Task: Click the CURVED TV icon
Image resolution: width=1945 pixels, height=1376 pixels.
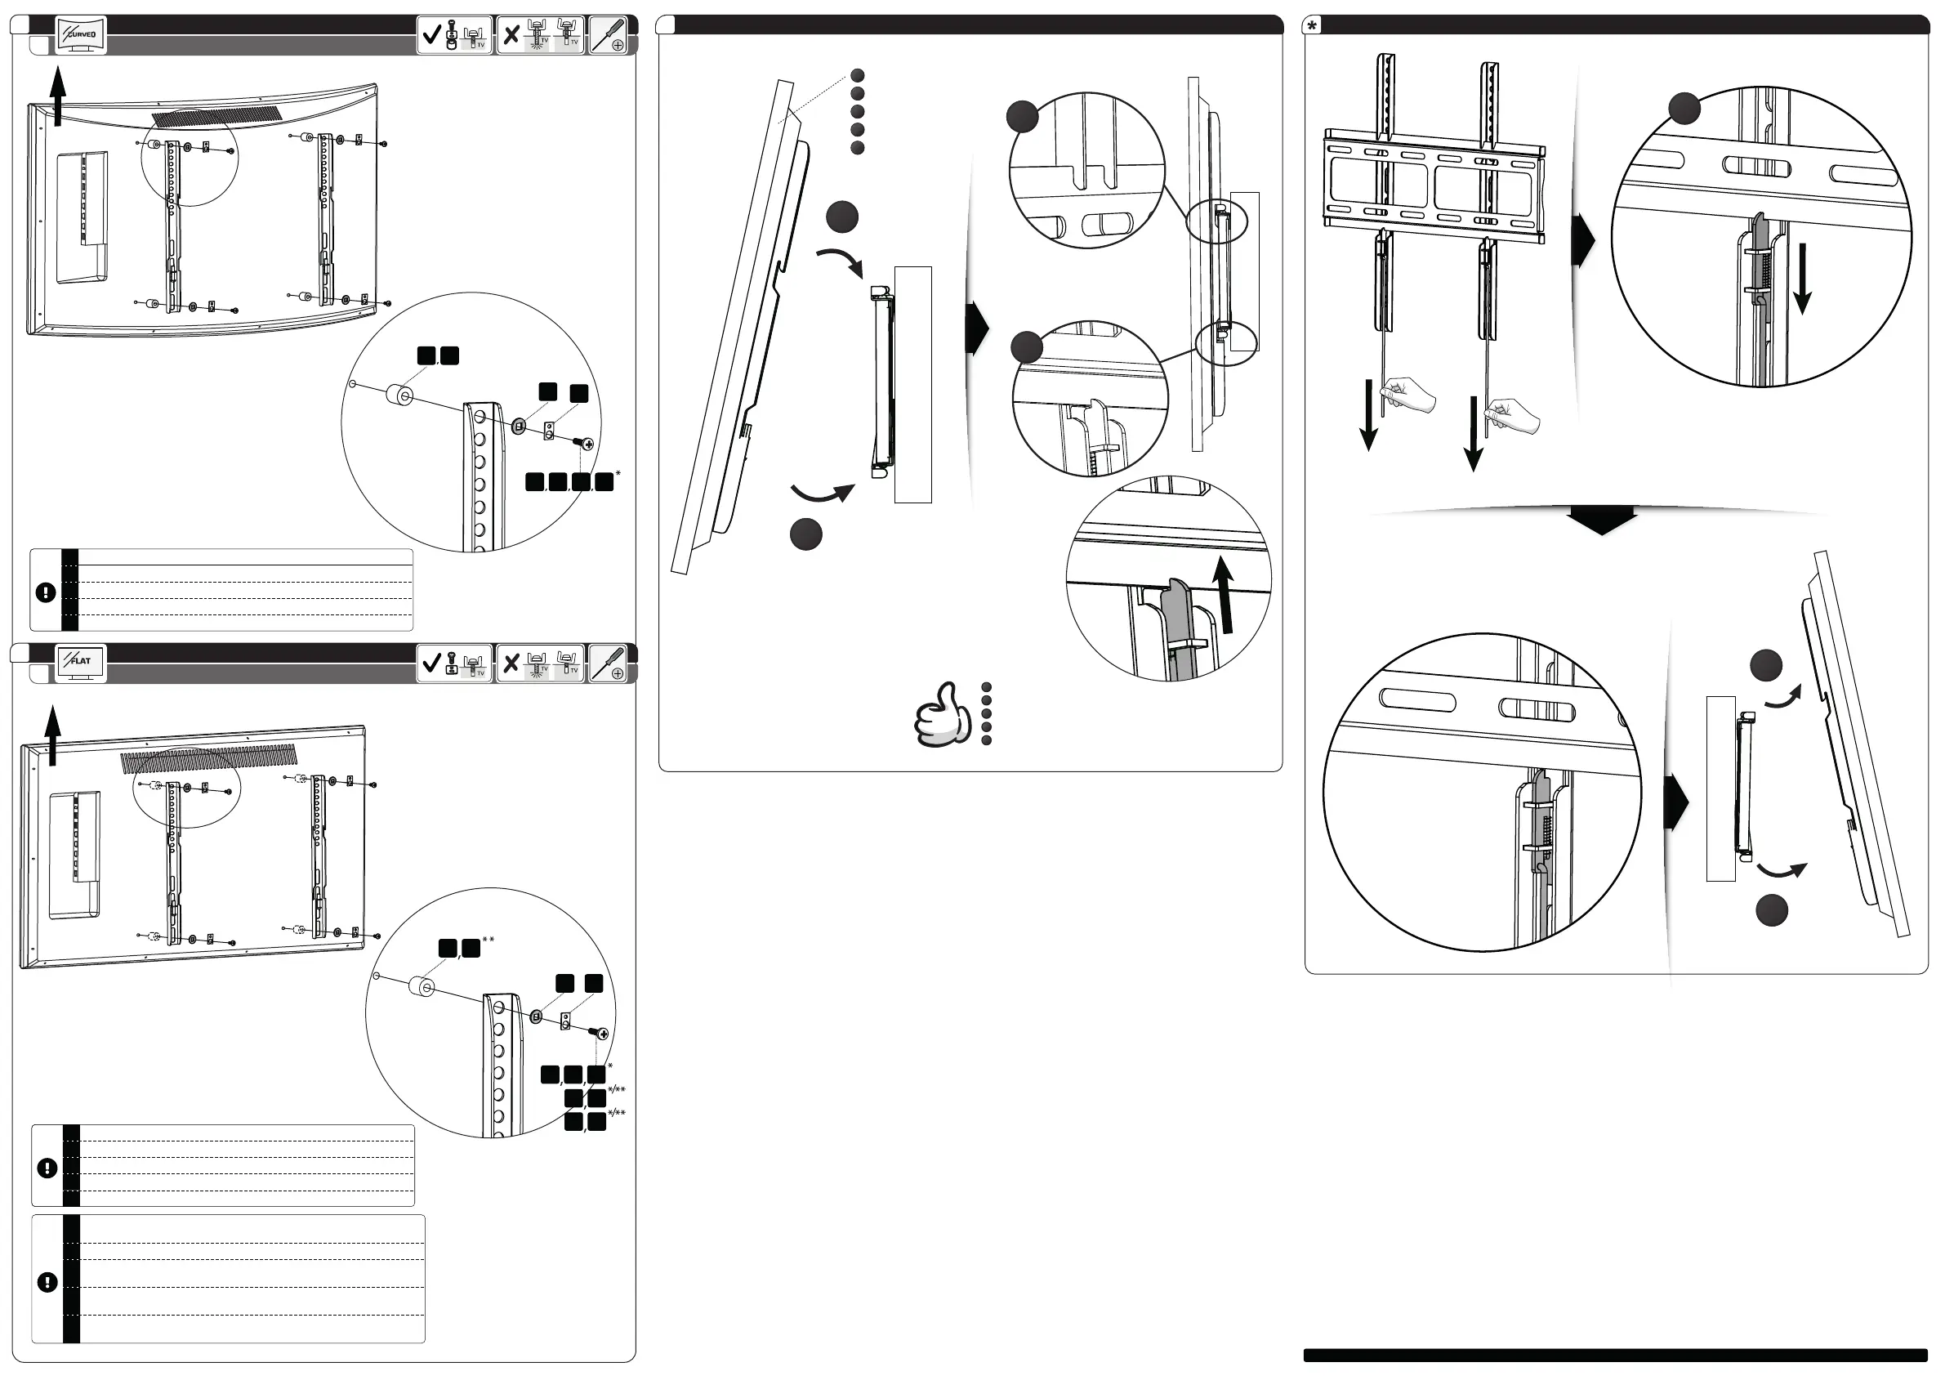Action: click(81, 36)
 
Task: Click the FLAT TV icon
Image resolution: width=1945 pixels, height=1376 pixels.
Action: click(81, 662)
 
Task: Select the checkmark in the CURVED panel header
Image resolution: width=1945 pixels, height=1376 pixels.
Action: click(431, 35)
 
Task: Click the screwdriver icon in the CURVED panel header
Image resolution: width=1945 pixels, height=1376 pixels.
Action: click(609, 36)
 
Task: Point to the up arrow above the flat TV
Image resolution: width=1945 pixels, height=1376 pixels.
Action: click(53, 735)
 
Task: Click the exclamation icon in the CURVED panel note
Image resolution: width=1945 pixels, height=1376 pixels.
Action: click(46, 592)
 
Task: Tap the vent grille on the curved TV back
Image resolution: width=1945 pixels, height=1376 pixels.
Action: click(216, 116)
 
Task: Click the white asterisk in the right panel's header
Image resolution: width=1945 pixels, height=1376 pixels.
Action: click(1312, 25)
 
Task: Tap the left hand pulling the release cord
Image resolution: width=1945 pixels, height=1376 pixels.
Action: click(1408, 395)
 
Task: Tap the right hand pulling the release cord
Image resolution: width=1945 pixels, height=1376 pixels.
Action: click(1514, 417)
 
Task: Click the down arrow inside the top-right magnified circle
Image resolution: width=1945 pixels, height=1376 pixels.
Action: click(1803, 279)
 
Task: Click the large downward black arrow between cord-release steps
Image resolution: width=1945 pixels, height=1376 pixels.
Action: click(1601, 520)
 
